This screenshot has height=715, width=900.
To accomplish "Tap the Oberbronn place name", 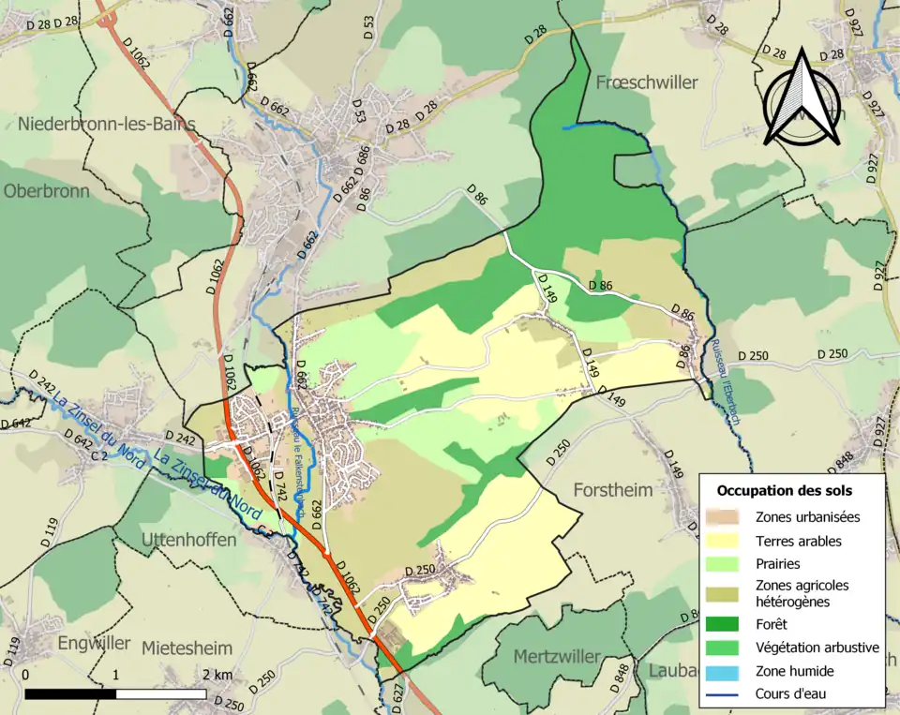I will [46, 191].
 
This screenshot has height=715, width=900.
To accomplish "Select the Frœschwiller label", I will [647, 82].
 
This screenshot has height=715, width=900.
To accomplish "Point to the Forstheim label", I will [612, 491].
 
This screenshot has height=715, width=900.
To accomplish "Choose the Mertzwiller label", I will [556, 657].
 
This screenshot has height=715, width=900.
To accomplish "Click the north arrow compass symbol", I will [800, 99].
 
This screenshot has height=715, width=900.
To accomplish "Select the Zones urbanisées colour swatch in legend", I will [726, 516].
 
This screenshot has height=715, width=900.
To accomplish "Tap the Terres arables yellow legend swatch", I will [726, 541].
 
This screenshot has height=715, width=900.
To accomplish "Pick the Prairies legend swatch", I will [726, 564].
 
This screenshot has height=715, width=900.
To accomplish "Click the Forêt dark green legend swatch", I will [726, 624].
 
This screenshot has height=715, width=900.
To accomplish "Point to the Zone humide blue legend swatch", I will [726, 671].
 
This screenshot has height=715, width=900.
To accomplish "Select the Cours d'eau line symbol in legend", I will [726, 694].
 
